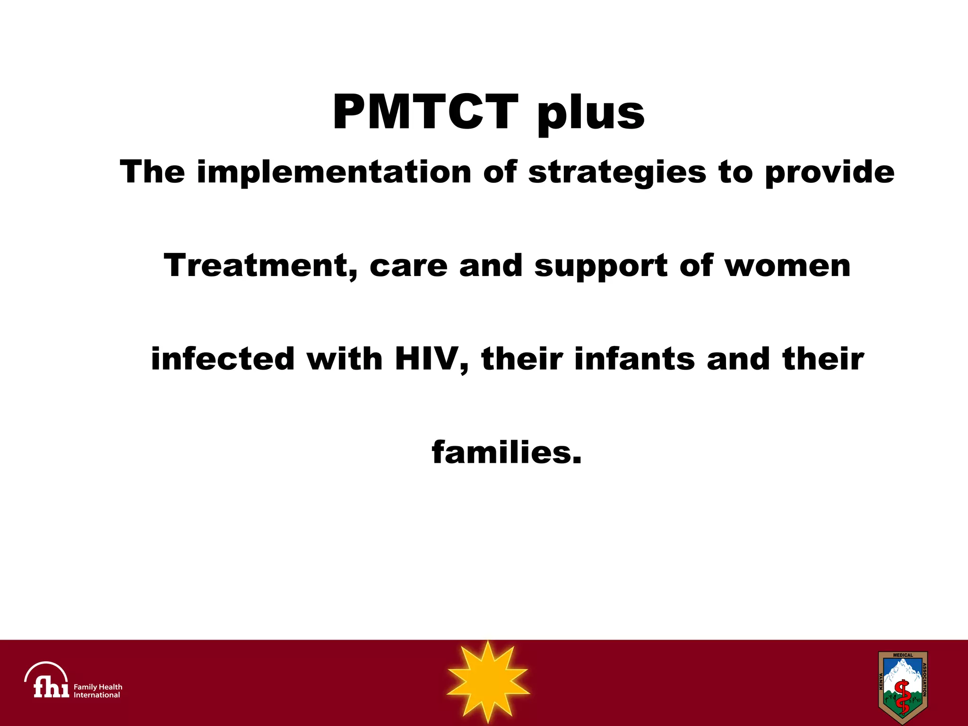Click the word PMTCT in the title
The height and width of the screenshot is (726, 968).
[x=425, y=112]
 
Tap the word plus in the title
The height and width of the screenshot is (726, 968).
[x=591, y=113]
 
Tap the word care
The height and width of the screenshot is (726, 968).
[x=408, y=266]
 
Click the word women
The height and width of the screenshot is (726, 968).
[x=787, y=266]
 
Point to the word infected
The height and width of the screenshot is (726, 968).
[x=223, y=359]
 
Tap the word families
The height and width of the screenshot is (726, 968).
[x=506, y=452]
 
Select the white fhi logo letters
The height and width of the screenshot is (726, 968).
[x=51, y=687]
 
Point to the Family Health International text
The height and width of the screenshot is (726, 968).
[x=98, y=691]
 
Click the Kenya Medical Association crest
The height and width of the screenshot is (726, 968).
[x=902, y=687]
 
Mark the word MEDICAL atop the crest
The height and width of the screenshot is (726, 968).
[x=903, y=655]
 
